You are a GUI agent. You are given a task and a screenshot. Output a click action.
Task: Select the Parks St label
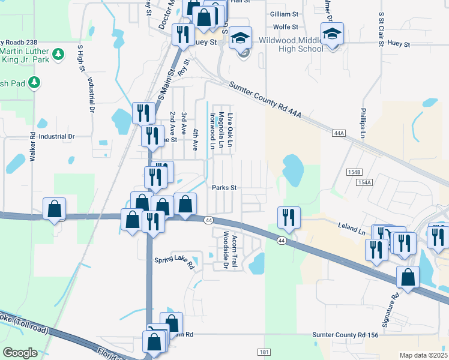tap(224, 187)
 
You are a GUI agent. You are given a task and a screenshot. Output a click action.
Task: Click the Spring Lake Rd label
tap(175, 262)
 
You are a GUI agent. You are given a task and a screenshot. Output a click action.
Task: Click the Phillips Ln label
tap(363, 123)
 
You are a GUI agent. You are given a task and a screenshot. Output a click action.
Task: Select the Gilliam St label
tap(284, 14)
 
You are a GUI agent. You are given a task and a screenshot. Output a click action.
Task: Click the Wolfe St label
tap(286, 27)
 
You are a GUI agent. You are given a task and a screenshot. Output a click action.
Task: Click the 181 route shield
tap(264, 352)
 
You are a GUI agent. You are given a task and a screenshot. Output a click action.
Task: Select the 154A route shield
tap(364, 182)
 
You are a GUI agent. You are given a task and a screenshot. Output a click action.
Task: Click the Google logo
tap(20, 352)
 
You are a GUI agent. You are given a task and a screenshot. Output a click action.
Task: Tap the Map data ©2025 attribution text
tap(424, 355)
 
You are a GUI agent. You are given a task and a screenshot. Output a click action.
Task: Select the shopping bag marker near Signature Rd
tap(408, 277)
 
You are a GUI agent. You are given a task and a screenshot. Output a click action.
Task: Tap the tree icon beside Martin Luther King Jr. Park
tap(59, 55)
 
